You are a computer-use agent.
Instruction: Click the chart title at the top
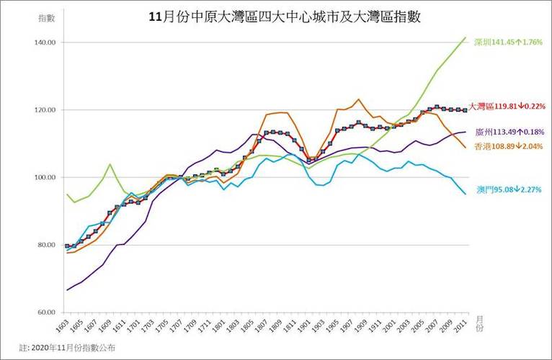pyautogui.click(x=284, y=17)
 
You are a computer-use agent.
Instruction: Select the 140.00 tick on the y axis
pyautogui.click(x=45, y=42)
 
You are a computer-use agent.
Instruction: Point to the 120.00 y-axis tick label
pyautogui.click(x=45, y=110)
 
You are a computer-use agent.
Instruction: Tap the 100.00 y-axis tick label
pyautogui.click(x=45, y=177)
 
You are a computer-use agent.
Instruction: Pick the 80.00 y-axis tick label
pyautogui.click(x=46, y=245)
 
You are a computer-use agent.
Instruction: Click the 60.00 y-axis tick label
pyautogui.click(x=46, y=312)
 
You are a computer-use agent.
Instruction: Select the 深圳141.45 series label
pyautogui.click(x=507, y=42)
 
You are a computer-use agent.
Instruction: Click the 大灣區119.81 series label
pyautogui.click(x=507, y=106)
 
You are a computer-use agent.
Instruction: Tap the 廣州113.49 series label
pyautogui.click(x=507, y=133)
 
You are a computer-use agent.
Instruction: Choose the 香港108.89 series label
pyautogui.click(x=507, y=146)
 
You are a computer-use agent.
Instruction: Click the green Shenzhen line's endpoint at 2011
pyautogui.click(x=466, y=37)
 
